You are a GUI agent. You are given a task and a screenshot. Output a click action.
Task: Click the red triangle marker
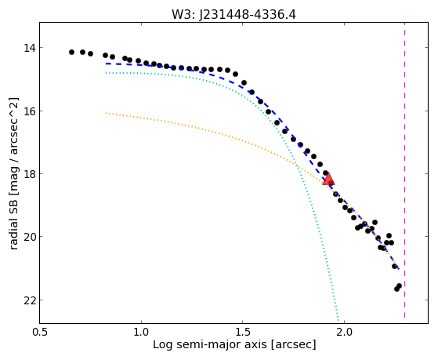(328, 180)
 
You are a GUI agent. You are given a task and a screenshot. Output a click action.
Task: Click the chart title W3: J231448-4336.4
(233, 15)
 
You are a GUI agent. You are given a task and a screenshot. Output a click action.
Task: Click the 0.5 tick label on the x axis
(40, 333)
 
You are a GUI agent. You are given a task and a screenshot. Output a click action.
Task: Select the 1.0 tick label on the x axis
(141, 333)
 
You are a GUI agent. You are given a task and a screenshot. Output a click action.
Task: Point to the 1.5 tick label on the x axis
(243, 333)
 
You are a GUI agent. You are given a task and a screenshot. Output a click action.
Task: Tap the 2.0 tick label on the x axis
(344, 333)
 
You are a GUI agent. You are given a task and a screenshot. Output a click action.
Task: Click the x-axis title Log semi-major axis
(210, 344)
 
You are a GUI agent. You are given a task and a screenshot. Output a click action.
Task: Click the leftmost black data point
(71, 52)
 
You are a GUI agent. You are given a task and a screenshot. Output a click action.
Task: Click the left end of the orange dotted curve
(106, 113)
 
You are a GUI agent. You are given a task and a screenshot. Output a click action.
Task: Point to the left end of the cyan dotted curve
(106, 73)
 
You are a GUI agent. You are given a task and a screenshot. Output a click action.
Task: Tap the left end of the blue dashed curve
(106, 64)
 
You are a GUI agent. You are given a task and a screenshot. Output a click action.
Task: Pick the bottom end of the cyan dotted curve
(338, 320)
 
